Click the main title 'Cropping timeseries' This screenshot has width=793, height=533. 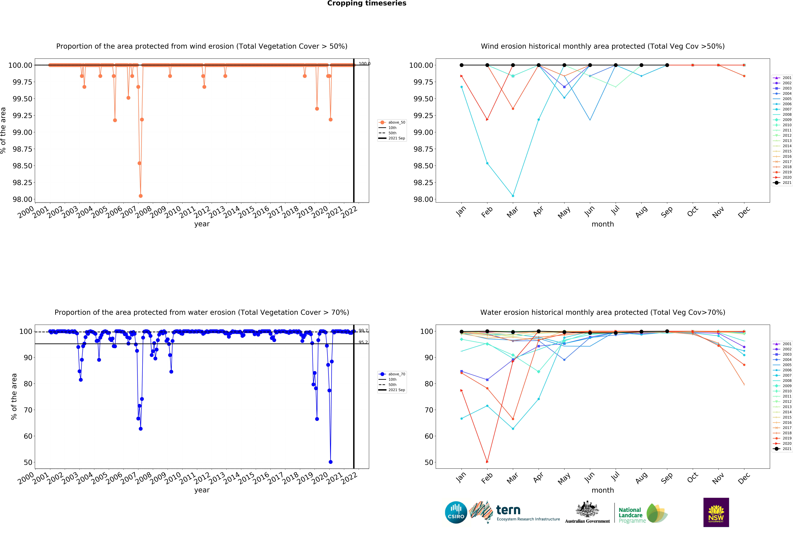click(366, 3)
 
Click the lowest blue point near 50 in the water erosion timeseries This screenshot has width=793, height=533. click(330, 462)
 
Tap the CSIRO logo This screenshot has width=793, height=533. click(456, 512)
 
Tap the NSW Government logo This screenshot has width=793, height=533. click(716, 512)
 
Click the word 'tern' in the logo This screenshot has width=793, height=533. click(508, 510)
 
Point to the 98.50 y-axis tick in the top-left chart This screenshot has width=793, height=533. click(22, 166)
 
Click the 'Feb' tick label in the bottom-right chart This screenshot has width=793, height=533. click(487, 478)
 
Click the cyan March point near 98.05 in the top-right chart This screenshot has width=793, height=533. click(513, 196)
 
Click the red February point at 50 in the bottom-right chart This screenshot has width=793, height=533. click(487, 462)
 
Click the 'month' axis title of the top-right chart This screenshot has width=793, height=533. click(603, 224)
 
